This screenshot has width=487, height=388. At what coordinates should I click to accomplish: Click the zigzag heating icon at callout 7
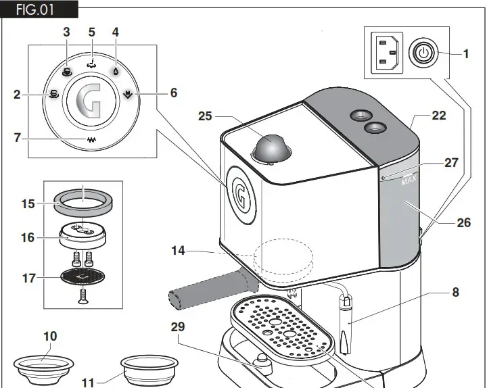91,140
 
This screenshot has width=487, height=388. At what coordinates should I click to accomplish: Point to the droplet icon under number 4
116,70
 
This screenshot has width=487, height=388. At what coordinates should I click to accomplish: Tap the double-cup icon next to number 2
53,95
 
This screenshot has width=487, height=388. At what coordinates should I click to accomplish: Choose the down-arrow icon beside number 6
129,94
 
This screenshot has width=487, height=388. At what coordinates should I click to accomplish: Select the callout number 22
439,116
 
